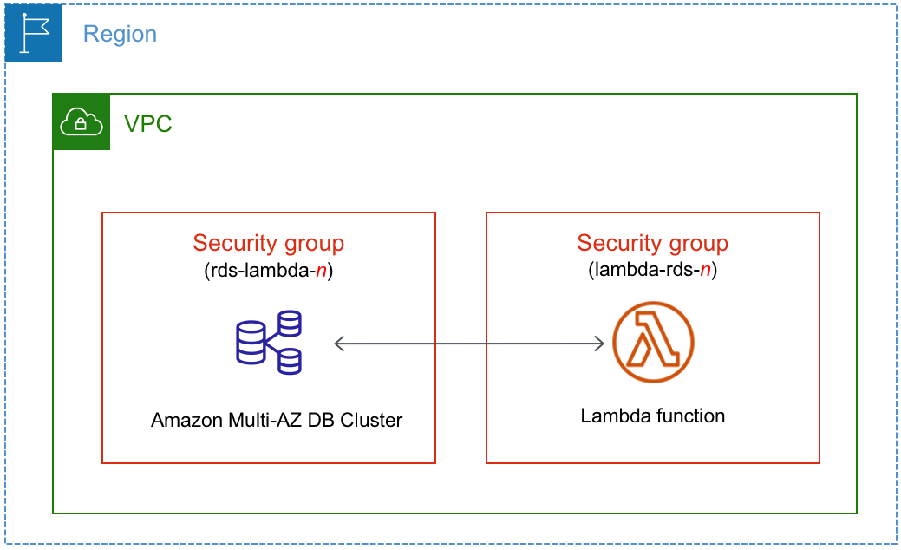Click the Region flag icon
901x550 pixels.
click(34, 33)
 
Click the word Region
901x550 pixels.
click(120, 35)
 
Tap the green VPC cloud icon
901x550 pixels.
click(82, 122)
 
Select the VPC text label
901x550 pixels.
click(147, 124)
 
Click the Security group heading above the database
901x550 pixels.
click(268, 243)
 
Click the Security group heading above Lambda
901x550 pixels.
click(652, 243)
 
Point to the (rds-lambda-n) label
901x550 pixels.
click(268, 270)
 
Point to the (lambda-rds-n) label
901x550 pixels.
click(652, 270)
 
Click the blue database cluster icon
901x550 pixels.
click(269, 344)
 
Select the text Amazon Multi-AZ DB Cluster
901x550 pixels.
click(277, 421)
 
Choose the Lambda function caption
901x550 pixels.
click(652, 416)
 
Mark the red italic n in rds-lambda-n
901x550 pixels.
click(321, 271)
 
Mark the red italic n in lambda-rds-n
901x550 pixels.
click(705, 271)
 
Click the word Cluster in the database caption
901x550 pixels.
click(372, 421)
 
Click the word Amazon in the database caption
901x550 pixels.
click(184, 421)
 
